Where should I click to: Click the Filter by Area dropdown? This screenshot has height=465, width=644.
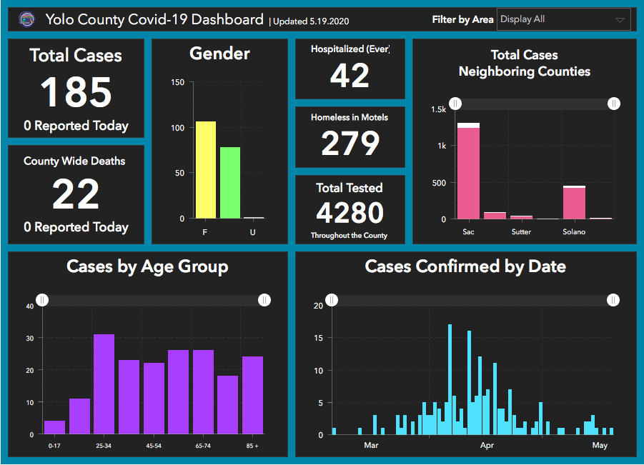tap(563, 19)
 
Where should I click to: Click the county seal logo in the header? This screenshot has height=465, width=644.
tap(26, 19)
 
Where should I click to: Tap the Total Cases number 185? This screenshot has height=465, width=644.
tap(76, 93)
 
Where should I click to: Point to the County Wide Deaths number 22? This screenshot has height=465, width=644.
tap(76, 194)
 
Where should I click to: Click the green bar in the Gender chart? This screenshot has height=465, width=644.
tap(230, 183)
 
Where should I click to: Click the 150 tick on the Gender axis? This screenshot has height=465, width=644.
tap(178, 83)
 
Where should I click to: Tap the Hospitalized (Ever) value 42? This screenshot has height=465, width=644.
tap(350, 76)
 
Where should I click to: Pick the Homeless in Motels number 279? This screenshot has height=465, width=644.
tap(350, 144)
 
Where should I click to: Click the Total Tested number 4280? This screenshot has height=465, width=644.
tap(350, 213)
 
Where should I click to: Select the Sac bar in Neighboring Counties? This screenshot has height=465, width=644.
tap(469, 171)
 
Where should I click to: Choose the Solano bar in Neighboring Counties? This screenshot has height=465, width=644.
tap(574, 202)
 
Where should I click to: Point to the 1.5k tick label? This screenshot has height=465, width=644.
tap(438, 109)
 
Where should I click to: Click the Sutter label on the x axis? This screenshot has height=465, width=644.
tap(521, 232)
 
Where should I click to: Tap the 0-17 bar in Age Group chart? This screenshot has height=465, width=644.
tap(54, 427)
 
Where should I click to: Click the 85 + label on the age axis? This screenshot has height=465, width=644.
tap(252, 446)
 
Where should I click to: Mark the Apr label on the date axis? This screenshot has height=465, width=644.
tap(487, 446)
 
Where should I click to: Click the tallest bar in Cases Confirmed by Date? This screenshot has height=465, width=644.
tap(450, 379)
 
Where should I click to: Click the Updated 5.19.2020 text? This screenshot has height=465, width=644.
tap(309, 21)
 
